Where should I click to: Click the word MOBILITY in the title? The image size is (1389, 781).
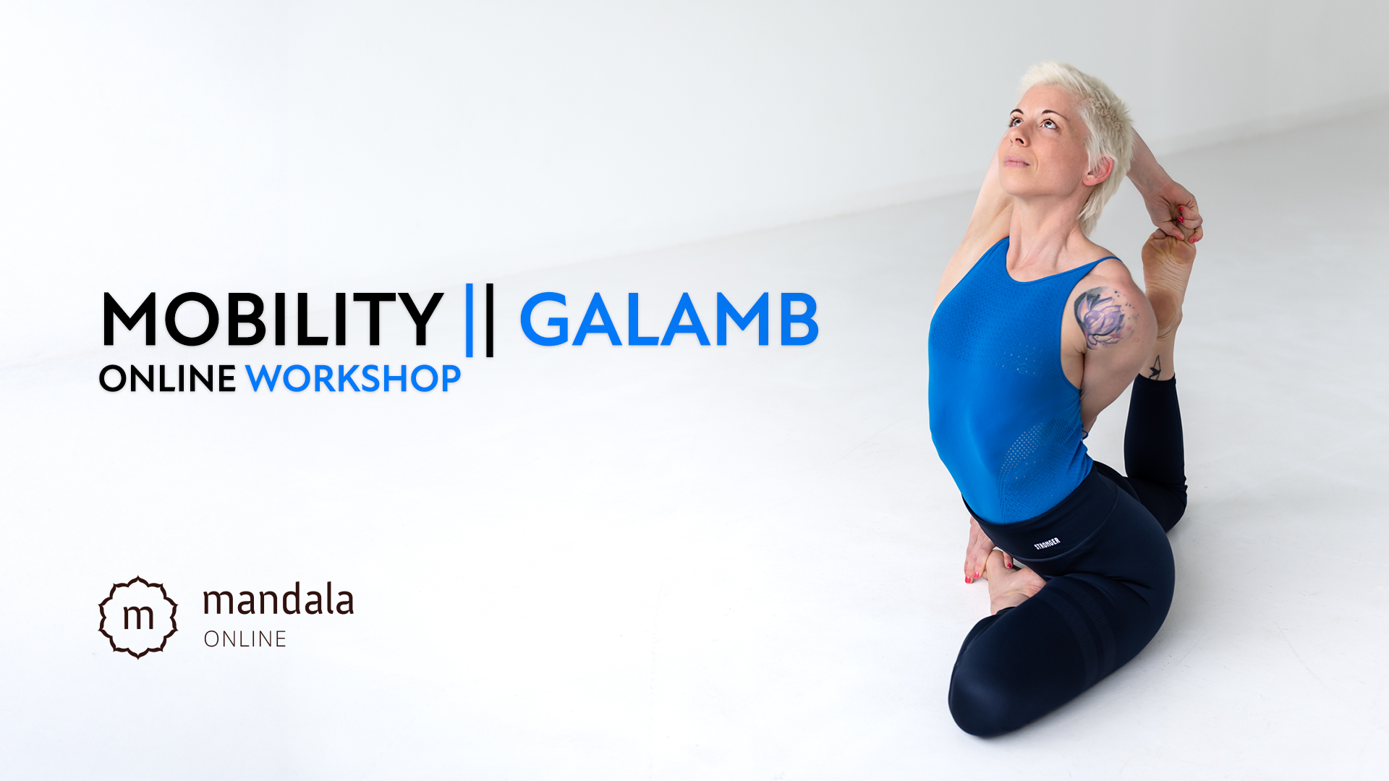(273, 319)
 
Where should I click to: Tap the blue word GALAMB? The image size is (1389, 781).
(669, 320)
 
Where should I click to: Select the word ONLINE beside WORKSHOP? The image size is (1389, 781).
(167, 378)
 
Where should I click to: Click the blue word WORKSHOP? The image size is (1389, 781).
(353, 378)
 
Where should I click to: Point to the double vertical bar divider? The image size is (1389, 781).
(480, 320)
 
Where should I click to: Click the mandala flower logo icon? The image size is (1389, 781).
(138, 617)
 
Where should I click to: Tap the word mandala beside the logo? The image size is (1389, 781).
(278, 600)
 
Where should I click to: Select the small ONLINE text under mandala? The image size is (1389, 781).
(245, 639)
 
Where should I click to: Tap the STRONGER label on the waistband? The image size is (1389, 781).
(1047, 543)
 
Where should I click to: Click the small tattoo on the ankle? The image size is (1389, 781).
(1155, 367)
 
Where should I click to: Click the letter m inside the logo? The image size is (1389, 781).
(138, 616)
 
